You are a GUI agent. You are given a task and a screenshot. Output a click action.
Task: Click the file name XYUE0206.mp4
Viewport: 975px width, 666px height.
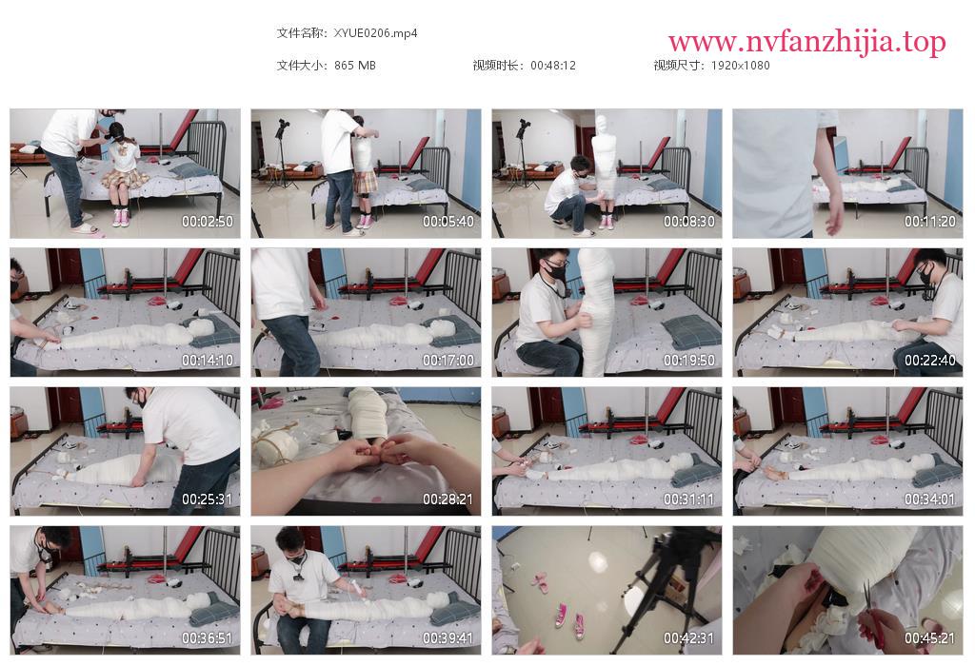point(375,33)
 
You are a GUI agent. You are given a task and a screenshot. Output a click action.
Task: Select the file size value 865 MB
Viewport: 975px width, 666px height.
point(355,66)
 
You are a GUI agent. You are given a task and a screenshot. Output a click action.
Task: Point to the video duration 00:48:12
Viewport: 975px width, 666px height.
point(553,66)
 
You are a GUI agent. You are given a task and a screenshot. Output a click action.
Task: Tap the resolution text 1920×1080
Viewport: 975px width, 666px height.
point(740,66)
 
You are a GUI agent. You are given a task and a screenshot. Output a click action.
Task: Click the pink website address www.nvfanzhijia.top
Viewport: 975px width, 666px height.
point(807,42)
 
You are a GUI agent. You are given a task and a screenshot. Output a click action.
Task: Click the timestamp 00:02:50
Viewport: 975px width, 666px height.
point(207,221)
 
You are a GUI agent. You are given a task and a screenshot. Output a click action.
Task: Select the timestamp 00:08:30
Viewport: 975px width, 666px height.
point(689,221)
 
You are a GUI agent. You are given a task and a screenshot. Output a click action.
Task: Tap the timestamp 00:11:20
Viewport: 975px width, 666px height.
point(929,221)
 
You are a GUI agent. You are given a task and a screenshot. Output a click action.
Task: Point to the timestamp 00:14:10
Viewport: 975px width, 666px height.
point(207,361)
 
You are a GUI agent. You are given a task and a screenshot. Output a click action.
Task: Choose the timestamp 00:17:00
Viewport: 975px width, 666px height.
point(448,361)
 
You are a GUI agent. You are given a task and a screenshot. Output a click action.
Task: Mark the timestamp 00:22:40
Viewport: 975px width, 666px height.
point(929,361)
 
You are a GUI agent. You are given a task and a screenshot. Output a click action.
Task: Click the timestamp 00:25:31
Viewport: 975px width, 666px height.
point(207,499)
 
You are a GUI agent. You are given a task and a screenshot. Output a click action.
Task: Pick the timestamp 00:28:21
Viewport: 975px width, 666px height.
point(448,499)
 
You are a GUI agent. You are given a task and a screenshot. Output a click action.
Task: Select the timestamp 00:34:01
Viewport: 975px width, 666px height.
point(929,499)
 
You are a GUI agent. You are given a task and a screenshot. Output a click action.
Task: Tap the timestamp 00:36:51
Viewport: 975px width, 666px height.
point(207,638)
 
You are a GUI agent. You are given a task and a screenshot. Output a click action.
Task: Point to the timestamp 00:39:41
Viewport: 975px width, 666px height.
point(448,638)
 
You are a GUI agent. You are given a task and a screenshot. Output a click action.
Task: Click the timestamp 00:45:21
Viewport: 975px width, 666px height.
point(929,638)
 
